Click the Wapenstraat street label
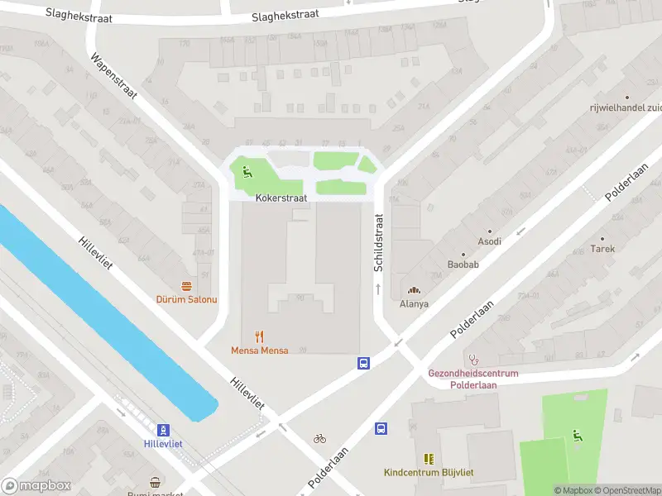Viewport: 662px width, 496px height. pyautogui.click(x=113, y=80)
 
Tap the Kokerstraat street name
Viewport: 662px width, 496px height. pyautogui.click(x=281, y=198)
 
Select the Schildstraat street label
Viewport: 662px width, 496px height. pyautogui.click(x=378, y=243)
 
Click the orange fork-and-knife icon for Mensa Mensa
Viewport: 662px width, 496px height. pyautogui.click(x=259, y=336)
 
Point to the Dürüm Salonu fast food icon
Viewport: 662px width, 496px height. pyautogui.click(x=186, y=284)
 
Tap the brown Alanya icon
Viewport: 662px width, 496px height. pyautogui.click(x=413, y=289)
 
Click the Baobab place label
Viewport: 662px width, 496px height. pyautogui.click(x=463, y=265)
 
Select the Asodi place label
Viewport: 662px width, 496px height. pyautogui.click(x=489, y=241)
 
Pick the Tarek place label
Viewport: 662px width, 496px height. pyautogui.click(x=602, y=248)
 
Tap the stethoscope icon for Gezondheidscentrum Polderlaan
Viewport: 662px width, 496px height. pyautogui.click(x=473, y=360)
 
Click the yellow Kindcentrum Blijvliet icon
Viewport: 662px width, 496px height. pyautogui.click(x=429, y=459)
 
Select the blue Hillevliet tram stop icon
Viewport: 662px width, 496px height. pyautogui.click(x=163, y=430)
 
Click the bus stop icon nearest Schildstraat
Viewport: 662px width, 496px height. pyautogui.click(x=363, y=363)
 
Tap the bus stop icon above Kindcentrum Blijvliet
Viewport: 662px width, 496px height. pyautogui.click(x=381, y=428)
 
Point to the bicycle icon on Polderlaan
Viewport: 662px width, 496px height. pyautogui.click(x=319, y=438)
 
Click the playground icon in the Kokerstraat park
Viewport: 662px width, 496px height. pyautogui.click(x=247, y=172)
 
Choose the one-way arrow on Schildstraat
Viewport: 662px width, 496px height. pyautogui.click(x=378, y=289)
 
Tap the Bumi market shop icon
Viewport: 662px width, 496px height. pyautogui.click(x=155, y=482)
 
